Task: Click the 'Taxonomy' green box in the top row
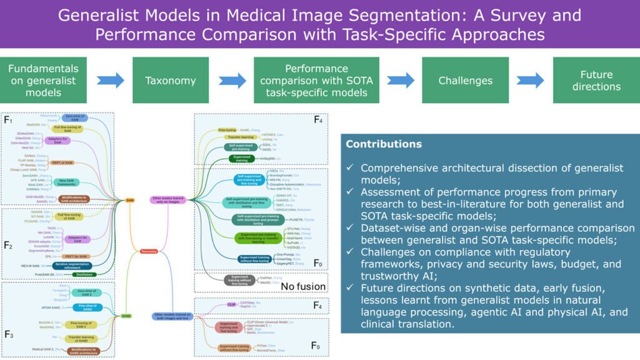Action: (171, 80)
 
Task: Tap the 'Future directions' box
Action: (596, 80)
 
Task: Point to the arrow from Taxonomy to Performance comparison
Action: (231, 80)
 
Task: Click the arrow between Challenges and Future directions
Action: (531, 80)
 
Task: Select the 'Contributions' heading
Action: (384, 144)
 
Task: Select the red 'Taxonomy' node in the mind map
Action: (148, 251)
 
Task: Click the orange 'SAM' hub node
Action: (130, 200)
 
